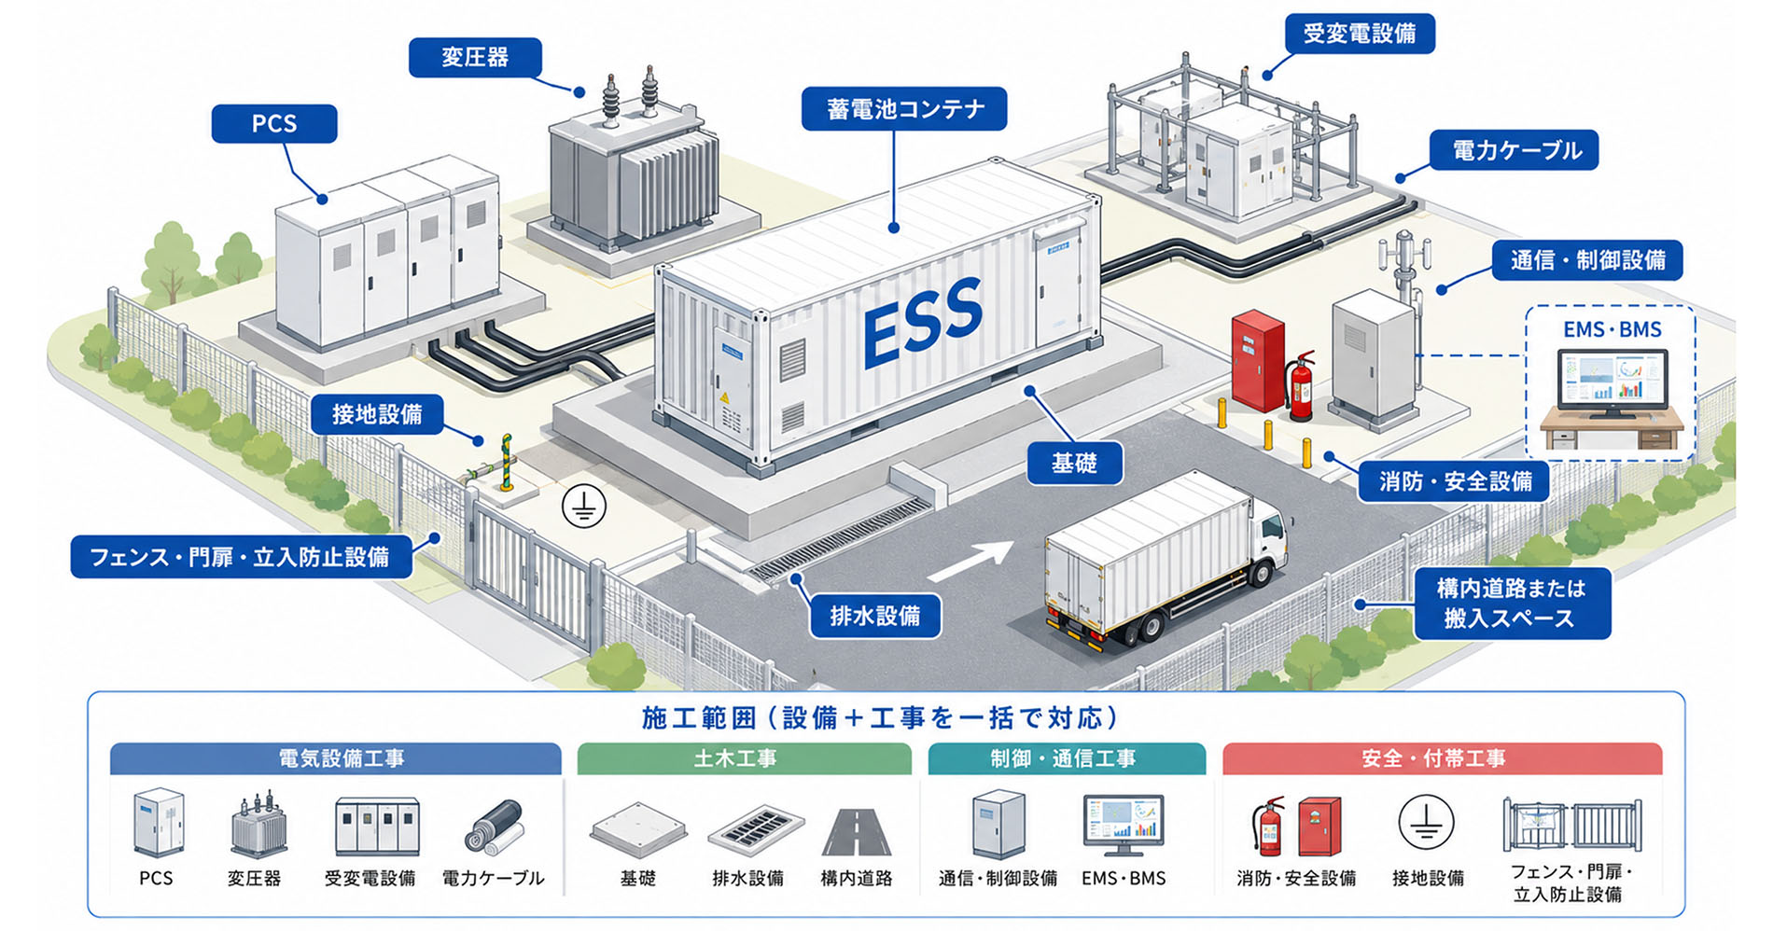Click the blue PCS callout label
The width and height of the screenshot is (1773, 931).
(274, 124)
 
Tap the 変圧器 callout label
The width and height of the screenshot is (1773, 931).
(475, 58)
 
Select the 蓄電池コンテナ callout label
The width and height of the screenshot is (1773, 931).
(904, 109)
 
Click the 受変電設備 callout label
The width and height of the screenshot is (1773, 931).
(1360, 34)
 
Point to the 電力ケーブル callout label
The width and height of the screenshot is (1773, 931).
(1515, 150)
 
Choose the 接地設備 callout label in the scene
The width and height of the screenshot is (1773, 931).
(377, 414)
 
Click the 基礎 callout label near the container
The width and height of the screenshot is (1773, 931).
(1074, 464)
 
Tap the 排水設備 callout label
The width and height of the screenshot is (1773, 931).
(875, 617)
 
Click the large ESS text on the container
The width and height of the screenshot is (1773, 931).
(923, 322)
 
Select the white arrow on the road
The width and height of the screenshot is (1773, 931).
(970, 561)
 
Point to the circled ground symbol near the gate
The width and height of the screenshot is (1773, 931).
(584, 507)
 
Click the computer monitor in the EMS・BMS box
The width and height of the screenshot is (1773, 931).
(1612, 381)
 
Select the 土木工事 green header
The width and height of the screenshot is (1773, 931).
(744, 759)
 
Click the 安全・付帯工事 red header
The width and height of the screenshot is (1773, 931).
(1442, 759)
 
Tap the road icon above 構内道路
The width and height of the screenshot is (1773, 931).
(857, 832)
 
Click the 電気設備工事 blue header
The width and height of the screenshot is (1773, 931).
(336, 759)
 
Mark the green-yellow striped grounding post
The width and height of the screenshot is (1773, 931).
(507, 462)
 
